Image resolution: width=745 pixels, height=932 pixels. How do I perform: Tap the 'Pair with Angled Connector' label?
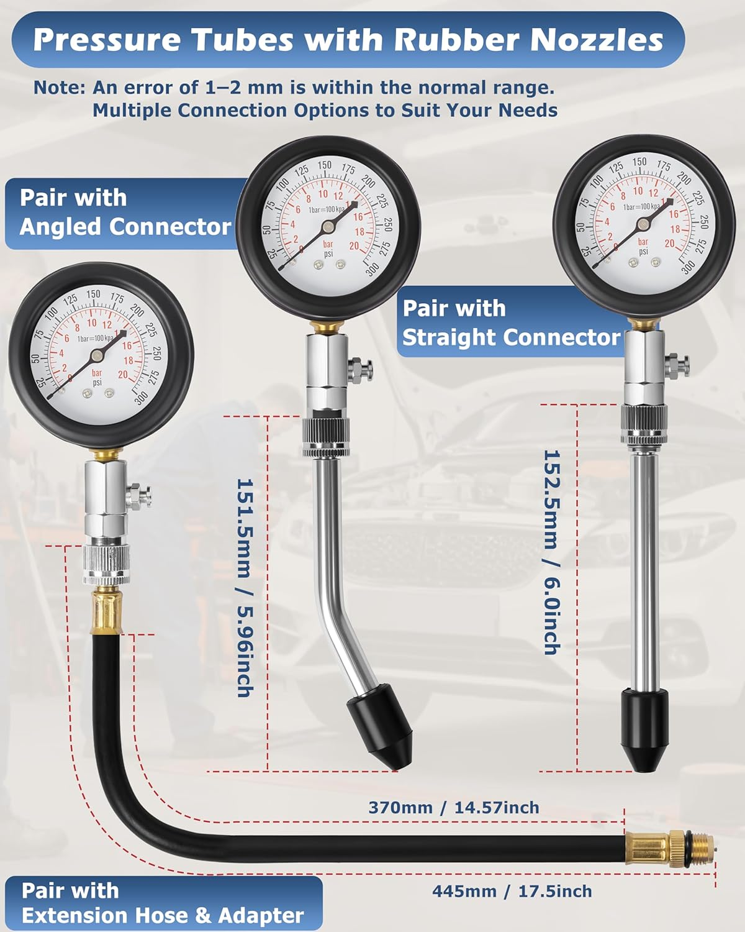pyautogui.click(x=125, y=212)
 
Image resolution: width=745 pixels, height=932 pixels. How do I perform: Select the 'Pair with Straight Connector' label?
pyautogui.click(x=510, y=322)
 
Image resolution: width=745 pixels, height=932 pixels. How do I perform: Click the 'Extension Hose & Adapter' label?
pyautogui.click(x=163, y=915)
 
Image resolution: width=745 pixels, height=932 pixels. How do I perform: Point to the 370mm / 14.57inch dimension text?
pyautogui.click(x=453, y=807)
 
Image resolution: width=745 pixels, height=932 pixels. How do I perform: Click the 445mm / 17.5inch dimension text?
pyautogui.click(x=512, y=891)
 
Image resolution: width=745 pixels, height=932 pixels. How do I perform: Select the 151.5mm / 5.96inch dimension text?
pyautogui.click(x=245, y=587)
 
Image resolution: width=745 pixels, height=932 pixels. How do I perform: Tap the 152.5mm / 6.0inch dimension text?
pyautogui.click(x=552, y=552)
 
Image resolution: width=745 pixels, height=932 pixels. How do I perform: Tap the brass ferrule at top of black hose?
pyautogui.click(x=107, y=613)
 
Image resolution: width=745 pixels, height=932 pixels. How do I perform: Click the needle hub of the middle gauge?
pyautogui.click(x=327, y=227)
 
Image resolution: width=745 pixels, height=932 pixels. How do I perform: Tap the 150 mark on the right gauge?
pyautogui.click(x=639, y=162)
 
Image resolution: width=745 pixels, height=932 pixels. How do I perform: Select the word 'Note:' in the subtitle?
pyautogui.click(x=59, y=88)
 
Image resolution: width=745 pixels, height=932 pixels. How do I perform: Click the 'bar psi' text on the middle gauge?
pyautogui.click(x=328, y=249)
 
